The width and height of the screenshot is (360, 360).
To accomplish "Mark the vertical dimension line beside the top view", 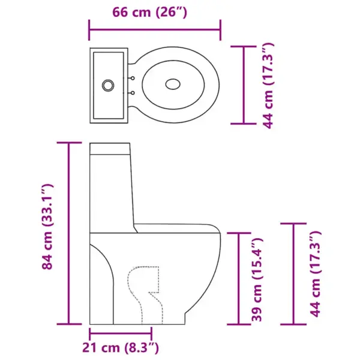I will tap(244, 85).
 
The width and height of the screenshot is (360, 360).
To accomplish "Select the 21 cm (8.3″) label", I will tap(120, 347).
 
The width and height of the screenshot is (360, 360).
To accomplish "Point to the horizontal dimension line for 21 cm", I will tap(120, 331).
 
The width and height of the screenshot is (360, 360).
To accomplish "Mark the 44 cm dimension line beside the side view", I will tap(293, 273).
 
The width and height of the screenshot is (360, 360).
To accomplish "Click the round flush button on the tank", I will tap(109, 85).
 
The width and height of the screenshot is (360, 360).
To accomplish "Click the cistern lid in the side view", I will tap(110, 148).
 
